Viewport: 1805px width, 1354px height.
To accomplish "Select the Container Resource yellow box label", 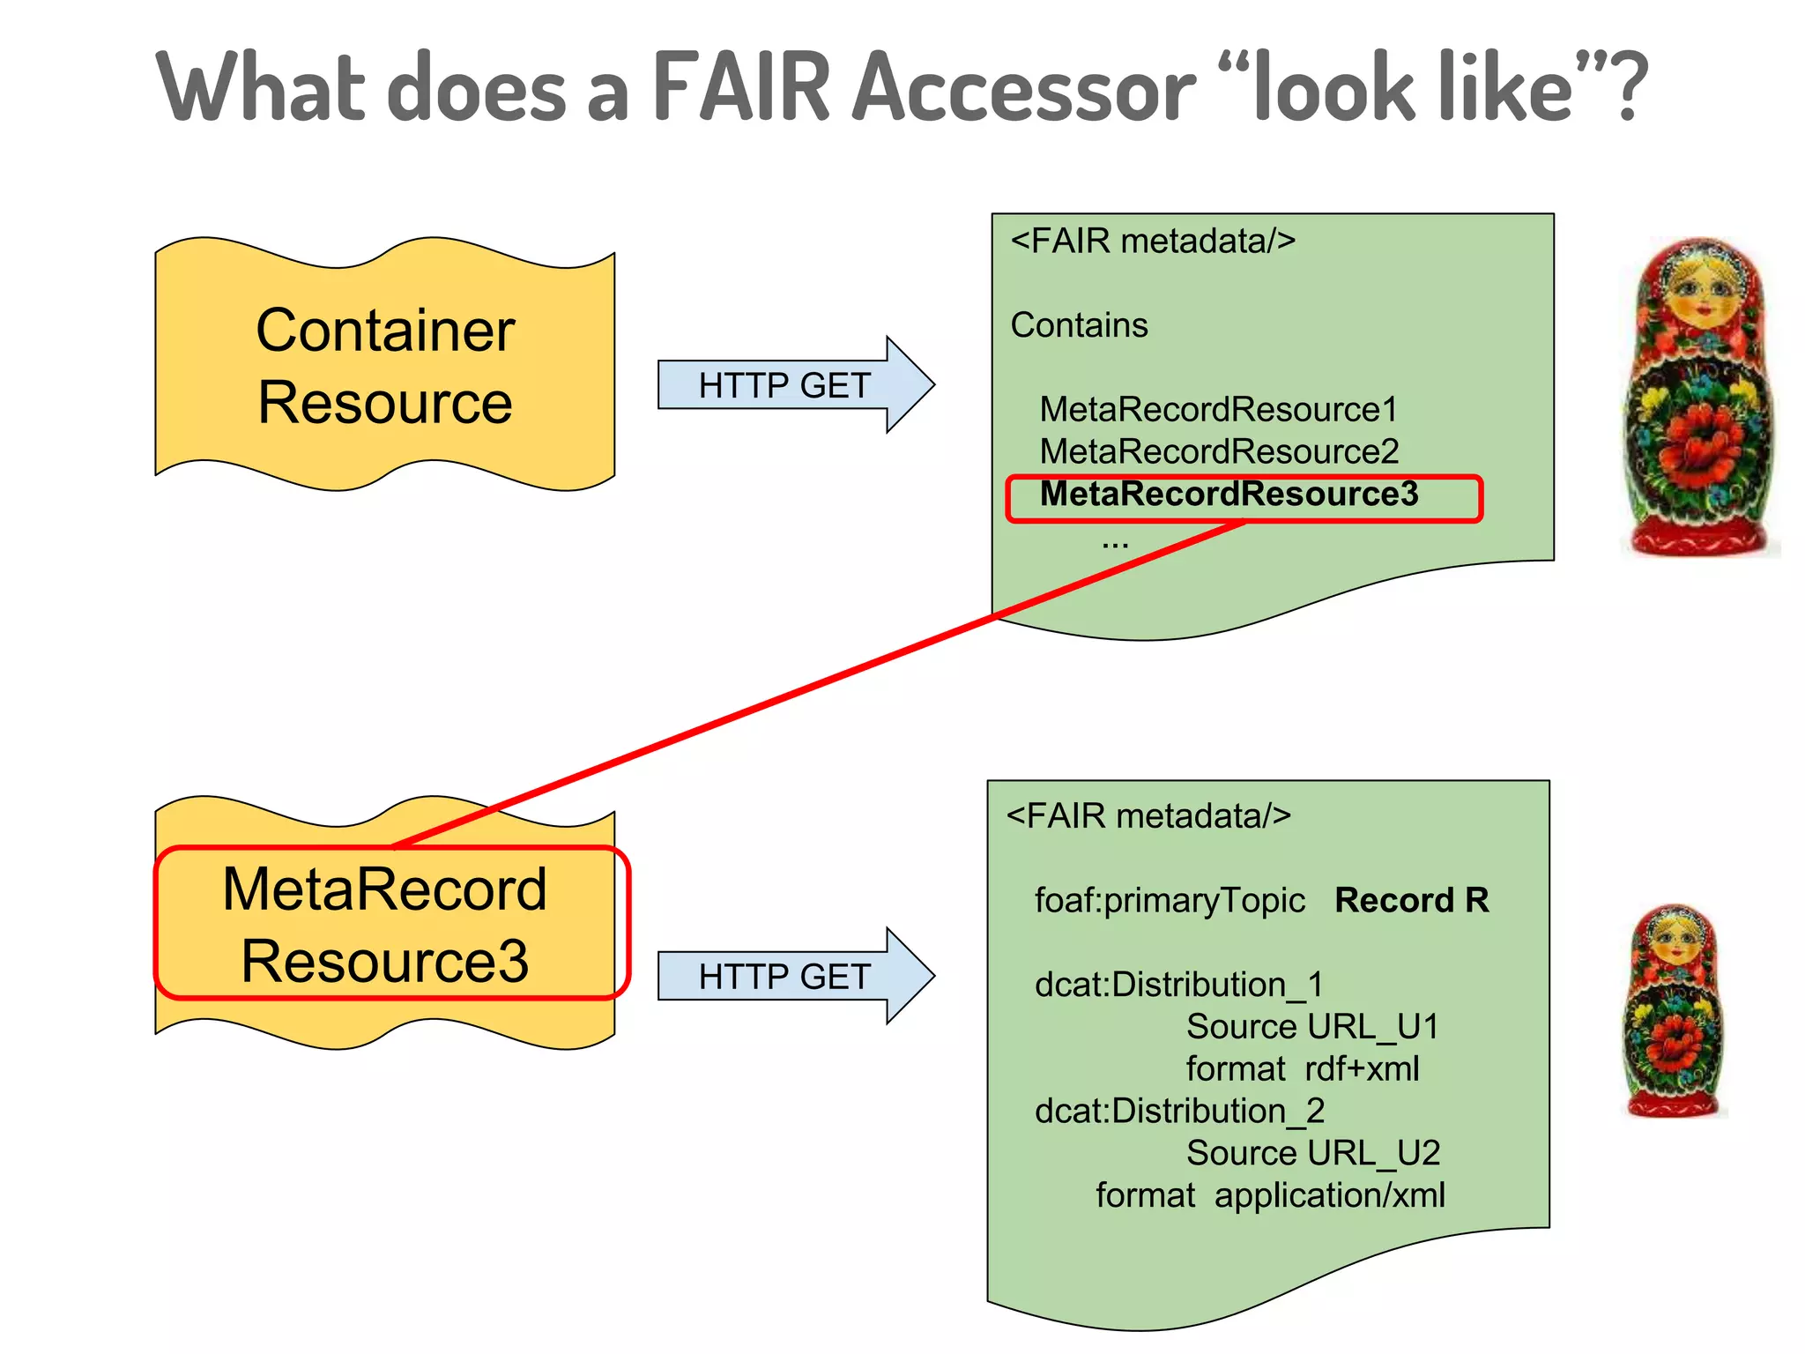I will tap(385, 366).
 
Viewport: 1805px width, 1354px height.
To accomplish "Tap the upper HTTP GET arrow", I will tap(784, 385).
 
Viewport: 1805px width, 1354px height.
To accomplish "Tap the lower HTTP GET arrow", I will tap(784, 977).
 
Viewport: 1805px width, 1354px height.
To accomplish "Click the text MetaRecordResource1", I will tap(1219, 410).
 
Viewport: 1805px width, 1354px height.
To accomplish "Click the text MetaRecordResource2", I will tap(1219, 452).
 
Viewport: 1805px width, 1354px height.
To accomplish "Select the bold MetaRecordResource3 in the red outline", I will tap(1229, 495).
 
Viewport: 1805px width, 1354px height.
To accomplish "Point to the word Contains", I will tap(1079, 325).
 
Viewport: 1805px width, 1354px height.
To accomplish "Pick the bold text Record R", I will tap(1411, 900).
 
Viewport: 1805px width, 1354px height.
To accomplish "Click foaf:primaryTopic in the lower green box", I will tap(1170, 901).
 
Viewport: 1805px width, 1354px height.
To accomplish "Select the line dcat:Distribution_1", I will tap(1178, 985).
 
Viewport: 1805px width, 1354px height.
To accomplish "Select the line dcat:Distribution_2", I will tap(1179, 1112).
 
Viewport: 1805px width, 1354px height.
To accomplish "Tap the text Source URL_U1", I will tap(1312, 1027).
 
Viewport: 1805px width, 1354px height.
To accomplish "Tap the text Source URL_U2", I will tap(1312, 1153).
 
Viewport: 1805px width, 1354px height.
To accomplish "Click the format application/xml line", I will tap(1270, 1196).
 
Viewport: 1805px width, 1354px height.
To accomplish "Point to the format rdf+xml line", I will tap(1302, 1069).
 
